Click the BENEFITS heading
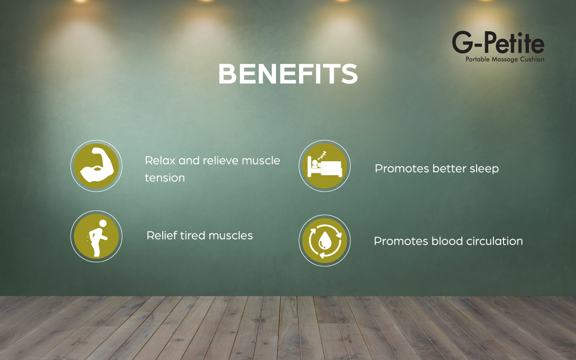pos(288,74)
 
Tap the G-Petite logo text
pos(498,42)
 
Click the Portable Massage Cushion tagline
pos(505,60)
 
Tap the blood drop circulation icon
pos(324,240)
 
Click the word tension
pos(165,178)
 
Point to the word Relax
pos(160,160)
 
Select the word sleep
pos(484,169)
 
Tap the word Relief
pos(161,235)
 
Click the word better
pos(449,168)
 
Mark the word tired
pos(192,235)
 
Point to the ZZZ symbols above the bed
pos(322,156)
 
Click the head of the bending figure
pos(103,223)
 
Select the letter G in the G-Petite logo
pos(462,42)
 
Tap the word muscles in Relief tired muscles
pos(231,235)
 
